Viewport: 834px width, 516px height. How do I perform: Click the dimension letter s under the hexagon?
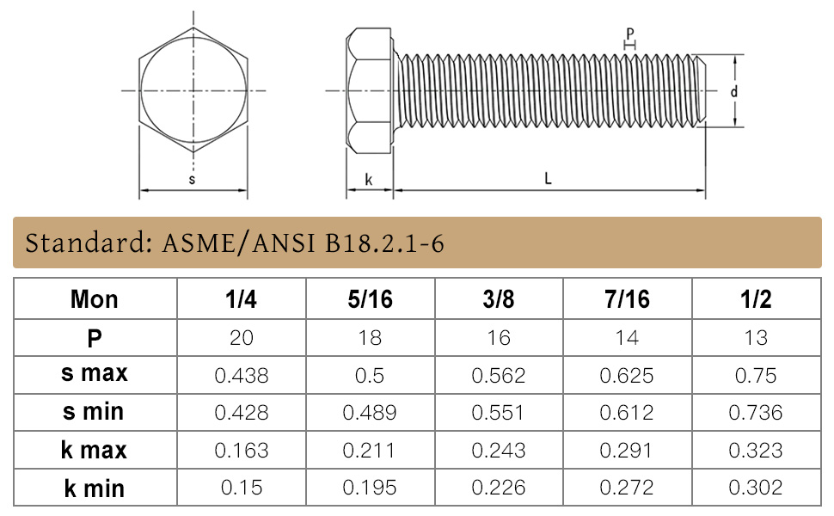tap(192, 179)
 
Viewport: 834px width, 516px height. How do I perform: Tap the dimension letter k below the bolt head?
tap(369, 180)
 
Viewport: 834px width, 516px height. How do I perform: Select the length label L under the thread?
tap(548, 178)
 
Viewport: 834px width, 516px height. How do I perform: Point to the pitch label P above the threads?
tap(630, 34)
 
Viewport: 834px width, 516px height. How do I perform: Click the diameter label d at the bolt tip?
tap(734, 91)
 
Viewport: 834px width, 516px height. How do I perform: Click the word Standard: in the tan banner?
tap(89, 243)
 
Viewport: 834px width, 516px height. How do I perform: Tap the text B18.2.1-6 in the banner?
tap(384, 243)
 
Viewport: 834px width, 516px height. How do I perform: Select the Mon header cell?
tap(94, 299)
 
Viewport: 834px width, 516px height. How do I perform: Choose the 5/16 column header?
tap(371, 299)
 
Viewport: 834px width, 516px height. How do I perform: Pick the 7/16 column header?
tap(627, 299)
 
